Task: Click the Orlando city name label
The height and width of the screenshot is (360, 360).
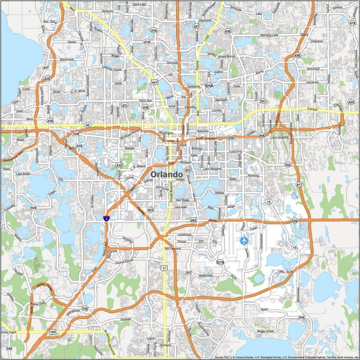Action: coord(167,174)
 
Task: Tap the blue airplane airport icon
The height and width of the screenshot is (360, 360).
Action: coord(244,240)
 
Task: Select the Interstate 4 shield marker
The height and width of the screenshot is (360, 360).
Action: coord(107,217)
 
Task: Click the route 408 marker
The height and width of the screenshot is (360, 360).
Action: coord(262,135)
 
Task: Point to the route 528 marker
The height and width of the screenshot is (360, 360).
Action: coord(294,220)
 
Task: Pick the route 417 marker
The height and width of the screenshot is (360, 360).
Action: coord(299,185)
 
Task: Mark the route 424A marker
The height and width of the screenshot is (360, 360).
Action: coord(209,86)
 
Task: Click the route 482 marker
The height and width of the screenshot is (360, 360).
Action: coord(193,220)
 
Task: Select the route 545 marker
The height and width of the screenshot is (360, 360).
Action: coord(9,348)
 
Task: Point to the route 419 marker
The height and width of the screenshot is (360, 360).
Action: coord(352,22)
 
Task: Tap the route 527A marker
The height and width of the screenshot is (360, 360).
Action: coord(219,262)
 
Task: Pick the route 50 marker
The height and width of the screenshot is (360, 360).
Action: coord(87,125)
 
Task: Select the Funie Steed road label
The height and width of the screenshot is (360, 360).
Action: coord(8,332)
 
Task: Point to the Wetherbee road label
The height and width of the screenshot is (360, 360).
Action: coord(205,276)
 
